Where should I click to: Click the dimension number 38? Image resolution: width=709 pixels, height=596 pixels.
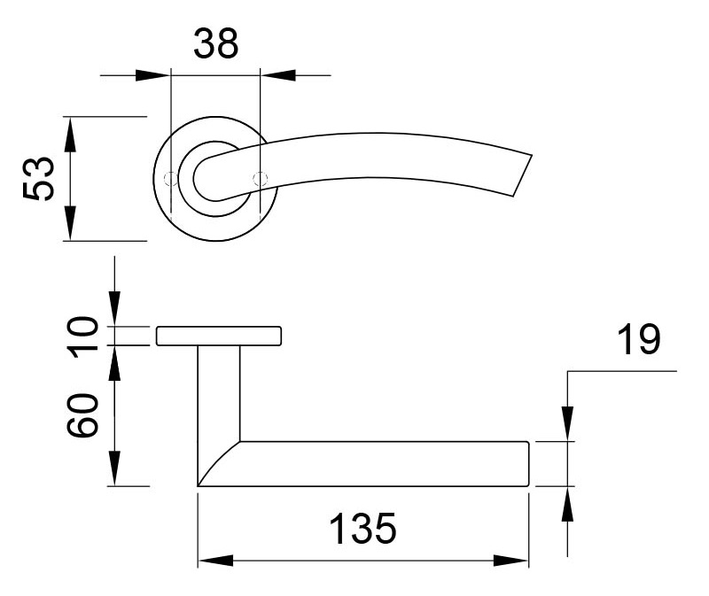tap(215, 43)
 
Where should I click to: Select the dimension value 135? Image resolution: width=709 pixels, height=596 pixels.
tap(362, 529)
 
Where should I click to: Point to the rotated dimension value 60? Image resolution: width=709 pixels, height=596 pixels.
tap(84, 414)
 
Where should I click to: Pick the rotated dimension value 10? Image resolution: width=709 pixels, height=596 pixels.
tap(84, 335)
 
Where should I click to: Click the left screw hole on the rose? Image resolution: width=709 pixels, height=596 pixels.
tap(172, 179)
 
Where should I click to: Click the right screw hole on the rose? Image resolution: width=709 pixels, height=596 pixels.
tap(259, 179)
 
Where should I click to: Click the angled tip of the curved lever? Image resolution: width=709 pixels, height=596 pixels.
tap(522, 174)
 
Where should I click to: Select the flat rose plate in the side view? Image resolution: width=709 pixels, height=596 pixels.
tap(219, 336)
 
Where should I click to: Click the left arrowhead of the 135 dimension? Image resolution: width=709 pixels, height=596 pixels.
tap(213, 561)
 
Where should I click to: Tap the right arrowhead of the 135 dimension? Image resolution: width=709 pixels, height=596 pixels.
tap(512, 561)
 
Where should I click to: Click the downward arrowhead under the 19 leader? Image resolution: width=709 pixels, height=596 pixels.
tap(567, 425)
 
